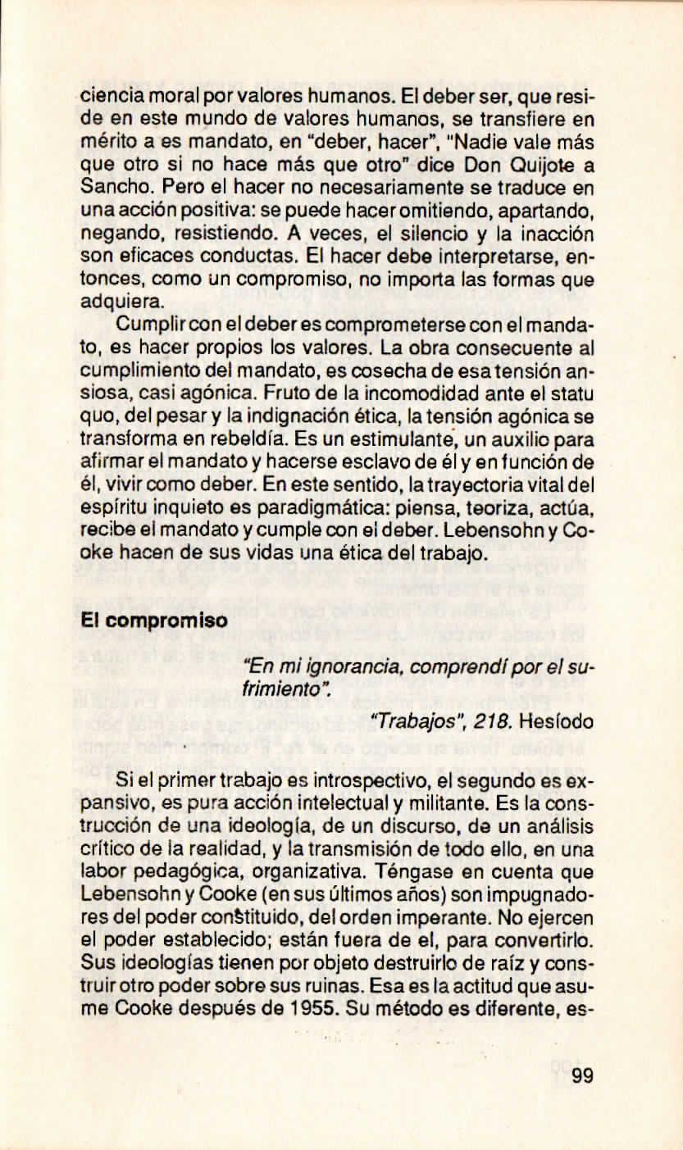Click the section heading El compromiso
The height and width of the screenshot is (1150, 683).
click(x=155, y=621)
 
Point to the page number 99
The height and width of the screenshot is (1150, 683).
click(x=582, y=1075)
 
